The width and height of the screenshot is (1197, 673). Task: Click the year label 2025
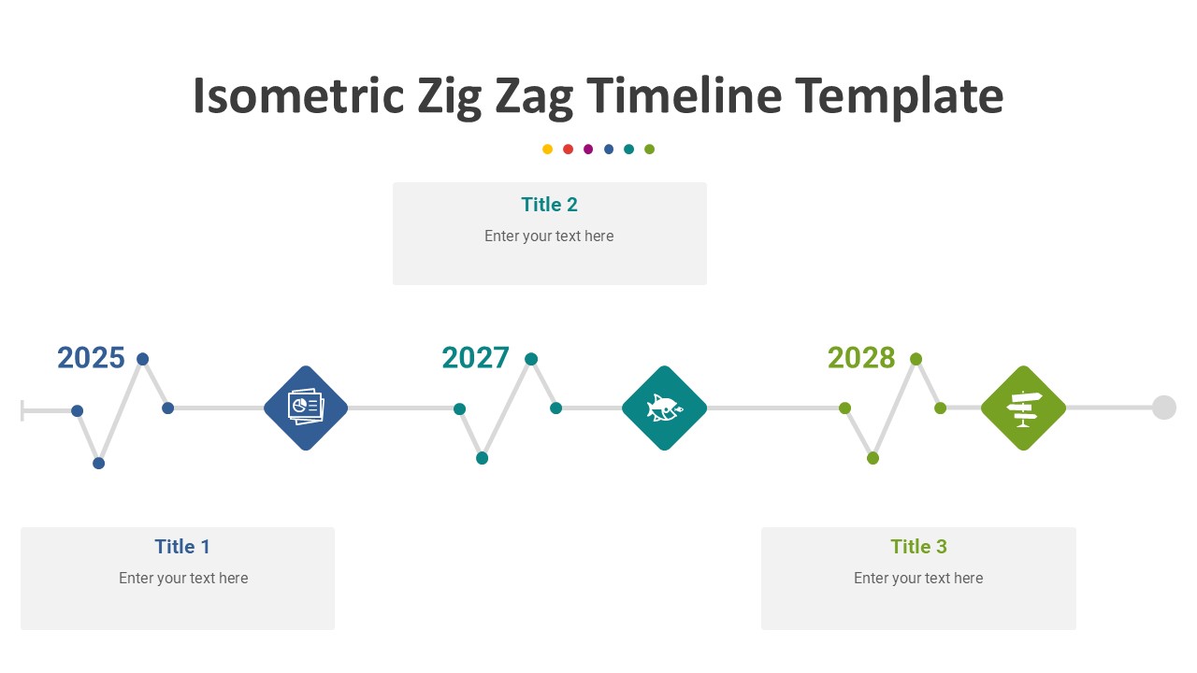point(91,357)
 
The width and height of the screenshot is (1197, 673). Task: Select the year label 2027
point(476,357)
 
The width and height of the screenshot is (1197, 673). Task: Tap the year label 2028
point(861,357)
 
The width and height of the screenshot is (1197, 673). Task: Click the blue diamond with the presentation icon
point(306,408)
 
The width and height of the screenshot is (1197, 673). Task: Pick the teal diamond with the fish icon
point(664,408)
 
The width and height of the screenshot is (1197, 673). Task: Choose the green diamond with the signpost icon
point(1023,408)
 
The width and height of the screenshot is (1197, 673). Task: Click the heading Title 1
point(182,547)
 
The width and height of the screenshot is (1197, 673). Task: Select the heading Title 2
point(549,205)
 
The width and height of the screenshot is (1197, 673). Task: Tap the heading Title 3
point(918,547)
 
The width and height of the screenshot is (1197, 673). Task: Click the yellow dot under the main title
point(547,149)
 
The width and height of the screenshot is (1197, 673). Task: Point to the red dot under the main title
point(568,149)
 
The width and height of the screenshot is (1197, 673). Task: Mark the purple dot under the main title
point(588,149)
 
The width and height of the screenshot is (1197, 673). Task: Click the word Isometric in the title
point(298,95)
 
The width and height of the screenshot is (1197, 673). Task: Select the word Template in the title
point(900,97)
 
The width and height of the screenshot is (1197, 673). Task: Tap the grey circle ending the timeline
point(1164,408)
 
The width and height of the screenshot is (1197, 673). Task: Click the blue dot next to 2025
point(143,359)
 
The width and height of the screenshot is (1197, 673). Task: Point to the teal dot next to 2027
point(531,359)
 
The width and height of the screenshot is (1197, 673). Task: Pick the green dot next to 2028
point(916,359)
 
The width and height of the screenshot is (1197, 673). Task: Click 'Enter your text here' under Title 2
point(549,236)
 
